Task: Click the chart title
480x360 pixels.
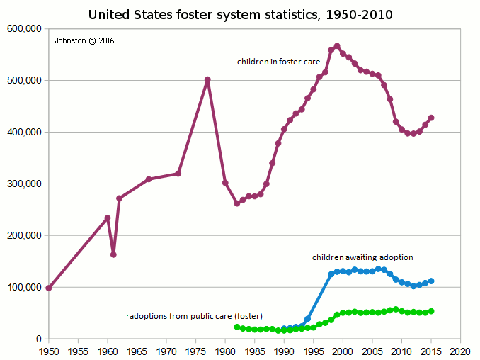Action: click(240, 13)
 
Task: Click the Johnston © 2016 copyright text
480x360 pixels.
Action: click(84, 40)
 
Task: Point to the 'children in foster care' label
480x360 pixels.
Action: click(278, 62)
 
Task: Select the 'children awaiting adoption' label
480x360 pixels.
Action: click(362, 257)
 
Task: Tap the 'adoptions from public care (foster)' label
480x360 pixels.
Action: click(196, 315)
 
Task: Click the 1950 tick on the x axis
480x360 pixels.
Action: click(48, 351)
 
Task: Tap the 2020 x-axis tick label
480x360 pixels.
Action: click(460, 351)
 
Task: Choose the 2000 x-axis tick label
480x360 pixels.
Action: click(343, 351)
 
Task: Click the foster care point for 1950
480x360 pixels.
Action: click(48, 288)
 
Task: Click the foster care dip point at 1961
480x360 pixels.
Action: click(113, 254)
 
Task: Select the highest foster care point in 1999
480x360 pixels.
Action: click(337, 46)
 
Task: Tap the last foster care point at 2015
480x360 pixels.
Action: click(431, 118)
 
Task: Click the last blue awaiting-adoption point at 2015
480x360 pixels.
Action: click(431, 281)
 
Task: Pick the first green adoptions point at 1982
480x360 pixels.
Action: click(236, 327)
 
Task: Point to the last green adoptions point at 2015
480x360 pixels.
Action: click(431, 311)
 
